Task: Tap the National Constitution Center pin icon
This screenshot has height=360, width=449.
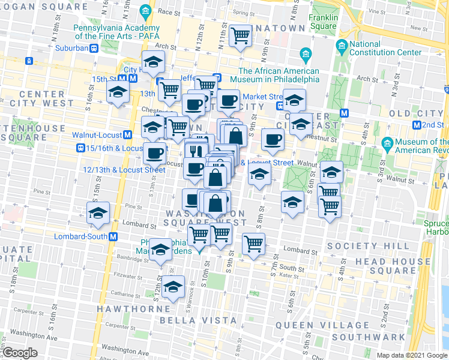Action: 342,45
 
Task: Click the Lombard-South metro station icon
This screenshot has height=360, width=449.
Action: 112,236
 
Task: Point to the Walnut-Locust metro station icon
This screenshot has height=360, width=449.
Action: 128,135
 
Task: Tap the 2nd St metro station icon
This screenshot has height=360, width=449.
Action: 417,124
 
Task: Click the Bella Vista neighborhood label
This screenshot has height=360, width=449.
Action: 191,320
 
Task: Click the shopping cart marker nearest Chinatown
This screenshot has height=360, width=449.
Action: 240,35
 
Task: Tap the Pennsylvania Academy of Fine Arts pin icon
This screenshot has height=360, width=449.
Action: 145,11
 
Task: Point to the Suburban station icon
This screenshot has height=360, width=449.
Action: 94,49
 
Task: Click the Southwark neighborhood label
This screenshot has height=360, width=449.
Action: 376,337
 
